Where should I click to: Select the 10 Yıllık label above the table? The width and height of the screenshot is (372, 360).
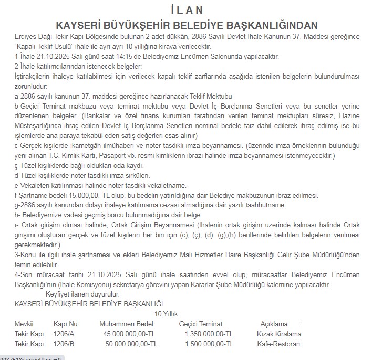tap(166, 313)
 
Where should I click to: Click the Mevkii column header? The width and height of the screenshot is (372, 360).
tap(24, 324)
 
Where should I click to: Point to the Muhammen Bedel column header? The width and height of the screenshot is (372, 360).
tap(126, 324)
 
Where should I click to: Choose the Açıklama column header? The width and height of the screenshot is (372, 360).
tap(274, 324)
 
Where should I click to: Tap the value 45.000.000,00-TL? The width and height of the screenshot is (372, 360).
tap(129, 334)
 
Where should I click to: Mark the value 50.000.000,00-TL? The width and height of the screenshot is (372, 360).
tap(131, 344)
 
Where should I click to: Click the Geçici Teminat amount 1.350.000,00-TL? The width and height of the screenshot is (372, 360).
tap(209, 334)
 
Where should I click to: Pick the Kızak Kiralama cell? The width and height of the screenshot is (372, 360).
tap(279, 334)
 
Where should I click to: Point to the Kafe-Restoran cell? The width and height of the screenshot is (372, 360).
tap(278, 344)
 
